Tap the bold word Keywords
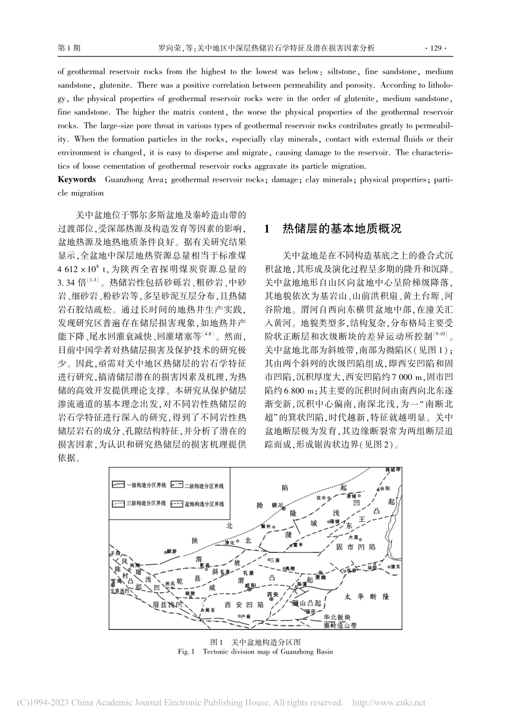pyautogui.click(x=76, y=180)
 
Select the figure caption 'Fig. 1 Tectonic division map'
pyautogui.click(x=255, y=651)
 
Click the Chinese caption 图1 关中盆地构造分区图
pyautogui.click(x=255, y=642)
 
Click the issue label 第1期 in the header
pyautogui.click(x=69, y=48)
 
